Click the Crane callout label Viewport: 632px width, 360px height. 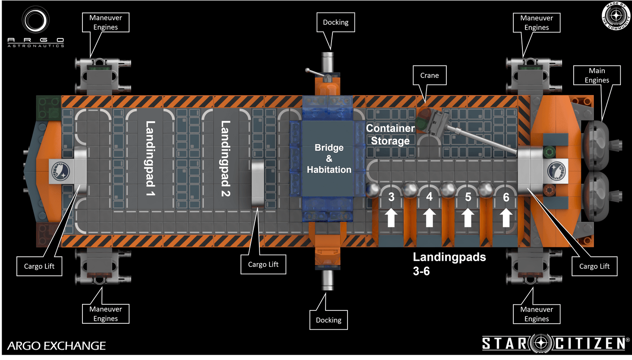point(429,76)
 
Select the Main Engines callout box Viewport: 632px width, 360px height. point(597,76)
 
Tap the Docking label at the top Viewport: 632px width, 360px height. point(335,22)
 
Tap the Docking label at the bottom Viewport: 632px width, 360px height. point(329,320)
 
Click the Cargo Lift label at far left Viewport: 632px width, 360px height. point(39,266)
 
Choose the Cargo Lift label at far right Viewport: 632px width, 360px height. point(594,266)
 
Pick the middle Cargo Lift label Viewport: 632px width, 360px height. point(263,264)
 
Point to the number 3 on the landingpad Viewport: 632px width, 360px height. point(391,197)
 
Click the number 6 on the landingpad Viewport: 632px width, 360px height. point(506,197)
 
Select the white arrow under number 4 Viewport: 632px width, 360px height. point(429,218)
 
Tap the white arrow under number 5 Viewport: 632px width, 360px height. point(468,218)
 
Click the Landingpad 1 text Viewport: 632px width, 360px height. point(150,158)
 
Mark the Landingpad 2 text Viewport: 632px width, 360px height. point(225,158)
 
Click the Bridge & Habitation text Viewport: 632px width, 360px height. point(329,158)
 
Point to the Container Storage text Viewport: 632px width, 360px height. point(390,135)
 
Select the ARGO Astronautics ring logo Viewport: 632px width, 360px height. point(35,20)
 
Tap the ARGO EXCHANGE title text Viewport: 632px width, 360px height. point(57,346)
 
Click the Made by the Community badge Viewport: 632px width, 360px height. point(616,16)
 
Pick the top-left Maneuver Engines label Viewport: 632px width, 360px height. point(105,22)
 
